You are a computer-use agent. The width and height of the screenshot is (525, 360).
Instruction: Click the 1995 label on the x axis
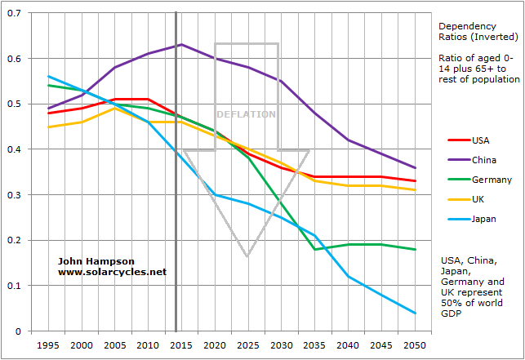click(x=47, y=346)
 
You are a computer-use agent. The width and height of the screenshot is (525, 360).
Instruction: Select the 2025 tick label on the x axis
click(x=247, y=346)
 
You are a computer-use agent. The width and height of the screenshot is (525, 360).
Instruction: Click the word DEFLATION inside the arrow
click(x=247, y=114)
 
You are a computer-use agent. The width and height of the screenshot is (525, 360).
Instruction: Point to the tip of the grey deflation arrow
click(x=247, y=256)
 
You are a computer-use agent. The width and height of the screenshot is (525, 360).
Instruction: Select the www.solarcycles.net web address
click(x=112, y=271)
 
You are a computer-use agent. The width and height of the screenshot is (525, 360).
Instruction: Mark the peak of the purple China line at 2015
click(x=180, y=44)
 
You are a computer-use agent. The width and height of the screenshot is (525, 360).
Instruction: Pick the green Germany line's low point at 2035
click(x=314, y=249)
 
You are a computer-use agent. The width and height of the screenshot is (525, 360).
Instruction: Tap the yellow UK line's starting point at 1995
click(x=47, y=127)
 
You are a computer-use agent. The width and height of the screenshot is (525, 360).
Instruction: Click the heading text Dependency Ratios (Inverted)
click(x=478, y=30)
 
